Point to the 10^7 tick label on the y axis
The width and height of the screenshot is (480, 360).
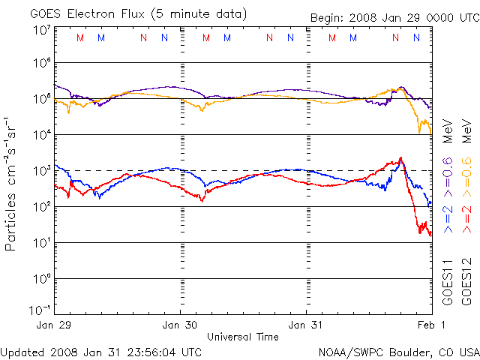pos(41,31)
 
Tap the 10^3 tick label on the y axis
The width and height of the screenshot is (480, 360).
pos(41,170)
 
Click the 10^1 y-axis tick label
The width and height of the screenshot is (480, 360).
pos(41,242)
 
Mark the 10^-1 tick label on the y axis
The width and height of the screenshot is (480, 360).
pos(40,310)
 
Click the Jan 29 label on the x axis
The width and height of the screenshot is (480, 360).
pos(53,325)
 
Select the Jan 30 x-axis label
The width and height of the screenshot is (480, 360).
pos(180,325)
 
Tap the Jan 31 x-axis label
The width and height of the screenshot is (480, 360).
pos(307,325)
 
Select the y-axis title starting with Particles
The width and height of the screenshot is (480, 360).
pos(12,184)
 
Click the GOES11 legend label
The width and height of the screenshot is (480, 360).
pos(448,281)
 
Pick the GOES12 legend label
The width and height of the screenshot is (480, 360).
pos(466,281)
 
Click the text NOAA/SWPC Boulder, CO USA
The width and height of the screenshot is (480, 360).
pos(398,352)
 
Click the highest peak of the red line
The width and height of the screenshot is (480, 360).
pos(401,157)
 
